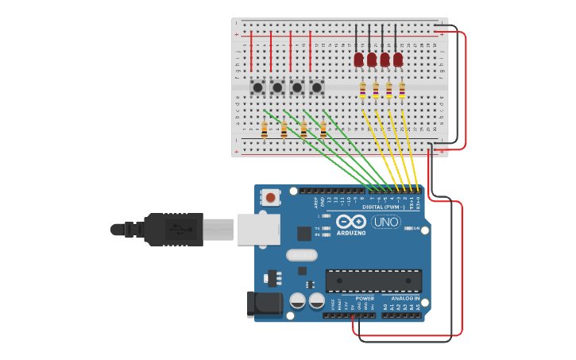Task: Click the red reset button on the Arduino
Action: pos(272,196)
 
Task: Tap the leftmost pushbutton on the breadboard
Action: pos(258,87)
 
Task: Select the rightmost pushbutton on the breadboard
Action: pos(317,87)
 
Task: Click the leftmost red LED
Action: pos(359,59)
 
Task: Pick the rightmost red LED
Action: pos(398,59)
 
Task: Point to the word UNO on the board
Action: pos(386,222)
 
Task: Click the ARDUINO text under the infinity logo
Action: pos(350,233)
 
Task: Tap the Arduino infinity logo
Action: pos(350,222)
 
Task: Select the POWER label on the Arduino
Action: pos(364,298)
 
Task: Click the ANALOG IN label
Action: pos(404,298)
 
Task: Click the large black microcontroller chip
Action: pos(373,281)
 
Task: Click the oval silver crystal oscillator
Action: pos(301,255)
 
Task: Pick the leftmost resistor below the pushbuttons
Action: pos(265,127)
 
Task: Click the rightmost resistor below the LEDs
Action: pos(402,91)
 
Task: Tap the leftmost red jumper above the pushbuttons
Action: pos(252,52)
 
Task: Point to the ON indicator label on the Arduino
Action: pos(416,228)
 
